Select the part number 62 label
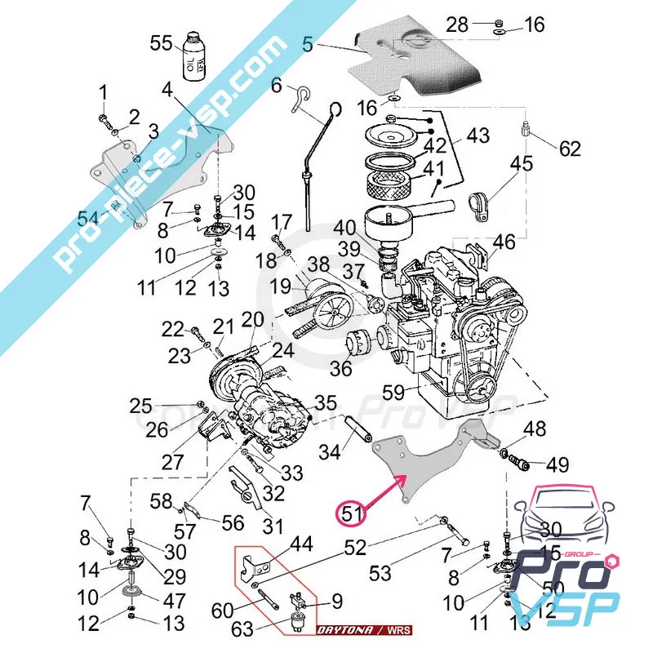click(571, 149)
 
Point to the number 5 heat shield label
click(307, 47)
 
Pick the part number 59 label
click(393, 393)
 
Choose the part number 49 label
click(557, 465)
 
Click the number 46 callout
click(504, 242)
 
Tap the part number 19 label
click(281, 287)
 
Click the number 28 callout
click(458, 24)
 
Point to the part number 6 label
click(276, 85)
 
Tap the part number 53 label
click(380, 574)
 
